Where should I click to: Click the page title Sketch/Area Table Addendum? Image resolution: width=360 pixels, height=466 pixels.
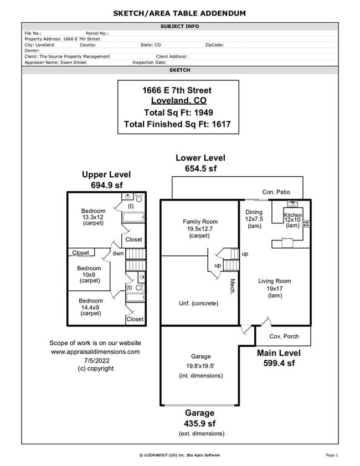pos(179,13)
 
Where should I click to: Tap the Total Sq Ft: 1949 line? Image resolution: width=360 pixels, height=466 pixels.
pos(178,112)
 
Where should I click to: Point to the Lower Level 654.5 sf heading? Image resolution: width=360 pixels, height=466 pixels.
pos(200,163)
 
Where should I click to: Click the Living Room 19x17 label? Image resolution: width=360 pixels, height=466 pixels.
pos(274,289)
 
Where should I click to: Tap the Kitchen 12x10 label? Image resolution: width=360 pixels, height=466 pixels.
pos(292,220)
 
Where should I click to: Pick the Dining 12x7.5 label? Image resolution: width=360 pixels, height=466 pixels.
pos(254,219)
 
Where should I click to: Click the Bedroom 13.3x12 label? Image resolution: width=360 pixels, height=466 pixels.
pos(93,217)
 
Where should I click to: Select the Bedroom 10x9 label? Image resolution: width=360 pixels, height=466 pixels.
pos(89,274)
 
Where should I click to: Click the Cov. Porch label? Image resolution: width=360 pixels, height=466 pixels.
pos(284,336)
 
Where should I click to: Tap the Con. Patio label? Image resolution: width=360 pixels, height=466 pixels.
pos(276,192)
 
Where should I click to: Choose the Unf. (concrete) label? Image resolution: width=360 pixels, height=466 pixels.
pos(198,303)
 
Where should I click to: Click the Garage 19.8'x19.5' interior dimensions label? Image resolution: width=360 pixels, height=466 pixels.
pos(200,366)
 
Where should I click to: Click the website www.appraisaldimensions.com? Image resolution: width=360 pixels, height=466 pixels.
pos(95,351)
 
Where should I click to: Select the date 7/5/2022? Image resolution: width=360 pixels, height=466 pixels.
pos(95,360)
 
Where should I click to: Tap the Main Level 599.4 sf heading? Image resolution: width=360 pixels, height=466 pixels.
pos(279,358)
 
